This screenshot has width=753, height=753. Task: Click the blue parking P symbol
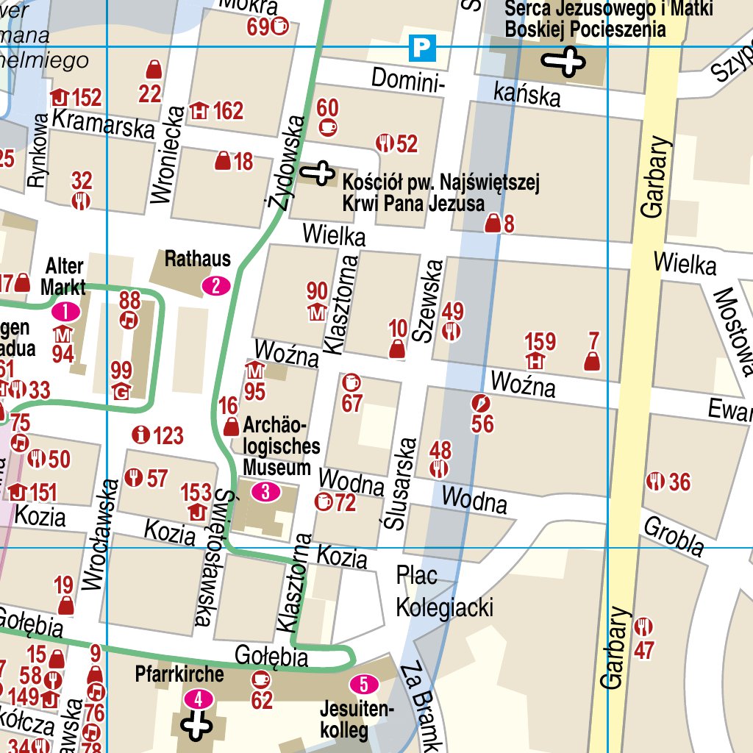[x=423, y=48]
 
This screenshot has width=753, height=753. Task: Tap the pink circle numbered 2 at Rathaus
[x=216, y=285]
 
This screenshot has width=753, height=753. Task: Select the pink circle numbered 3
[x=265, y=492]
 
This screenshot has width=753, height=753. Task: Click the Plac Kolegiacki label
[x=444, y=592]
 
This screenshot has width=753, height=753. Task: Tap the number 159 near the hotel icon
[x=540, y=342]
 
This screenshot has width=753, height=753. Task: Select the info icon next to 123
[x=139, y=435]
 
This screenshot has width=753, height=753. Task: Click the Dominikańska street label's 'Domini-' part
[x=408, y=79]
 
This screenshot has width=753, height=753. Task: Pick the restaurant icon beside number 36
[x=654, y=482]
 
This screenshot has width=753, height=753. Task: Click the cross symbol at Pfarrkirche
[x=197, y=727]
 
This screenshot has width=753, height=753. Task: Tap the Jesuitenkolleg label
[x=357, y=720]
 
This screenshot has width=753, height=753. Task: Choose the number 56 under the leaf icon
[x=482, y=424]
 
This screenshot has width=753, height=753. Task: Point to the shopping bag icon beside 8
[x=492, y=224]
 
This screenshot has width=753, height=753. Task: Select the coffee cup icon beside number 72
[x=323, y=502]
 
